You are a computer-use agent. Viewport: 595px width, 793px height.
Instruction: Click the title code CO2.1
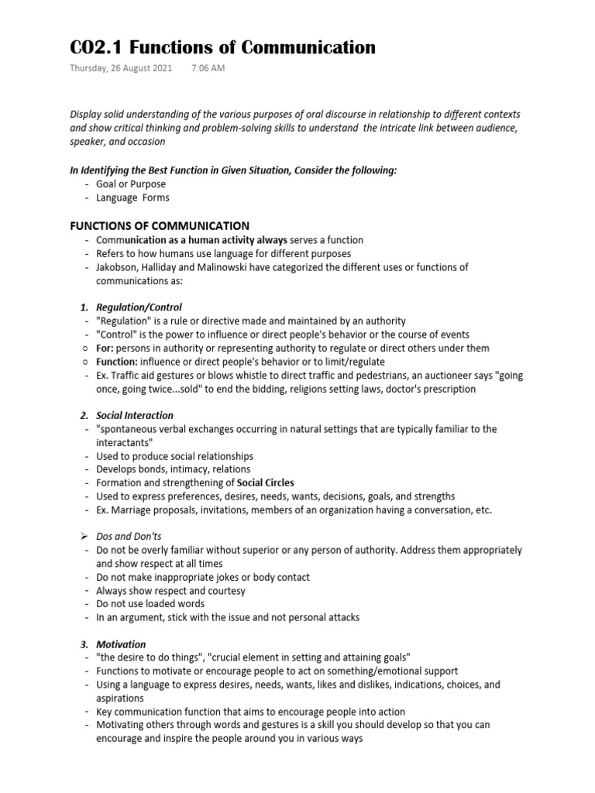pyautogui.click(x=95, y=48)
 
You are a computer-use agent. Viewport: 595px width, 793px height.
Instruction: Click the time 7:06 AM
pyautogui.click(x=208, y=68)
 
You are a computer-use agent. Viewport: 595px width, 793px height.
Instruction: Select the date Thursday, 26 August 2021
pyautogui.click(x=120, y=68)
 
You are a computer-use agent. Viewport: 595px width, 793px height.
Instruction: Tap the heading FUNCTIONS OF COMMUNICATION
pyautogui.click(x=160, y=226)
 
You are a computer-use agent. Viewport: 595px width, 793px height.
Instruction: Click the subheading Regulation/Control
pyautogui.click(x=139, y=307)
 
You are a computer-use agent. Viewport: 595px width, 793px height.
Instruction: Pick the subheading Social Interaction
pyautogui.click(x=135, y=416)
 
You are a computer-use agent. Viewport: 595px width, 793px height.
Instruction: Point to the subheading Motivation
pyautogui.click(x=121, y=644)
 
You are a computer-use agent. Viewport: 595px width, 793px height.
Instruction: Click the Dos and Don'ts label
pyautogui.click(x=128, y=536)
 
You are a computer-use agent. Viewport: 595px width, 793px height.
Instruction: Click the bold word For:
pyautogui.click(x=105, y=348)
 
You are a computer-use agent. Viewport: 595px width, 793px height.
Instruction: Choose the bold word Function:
pyautogui.click(x=117, y=362)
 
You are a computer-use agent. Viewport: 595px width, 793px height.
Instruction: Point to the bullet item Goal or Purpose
pyautogui.click(x=131, y=184)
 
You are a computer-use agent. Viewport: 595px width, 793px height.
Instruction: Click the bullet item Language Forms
pyautogui.click(x=132, y=197)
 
